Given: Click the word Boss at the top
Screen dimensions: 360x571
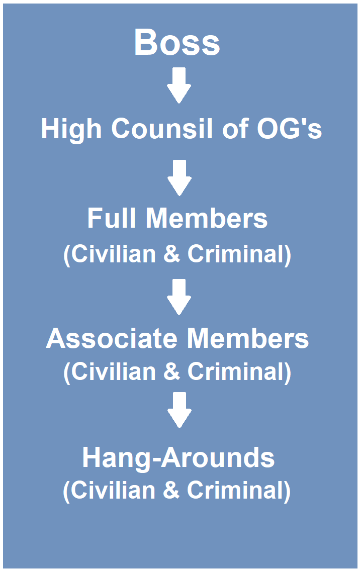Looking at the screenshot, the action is (177, 42).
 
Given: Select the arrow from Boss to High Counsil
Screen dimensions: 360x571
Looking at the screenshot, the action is (179, 85).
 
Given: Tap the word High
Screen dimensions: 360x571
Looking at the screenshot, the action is (72, 129).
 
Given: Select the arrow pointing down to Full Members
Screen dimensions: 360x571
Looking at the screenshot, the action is (179, 178).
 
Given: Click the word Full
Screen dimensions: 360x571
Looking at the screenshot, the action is (113, 218).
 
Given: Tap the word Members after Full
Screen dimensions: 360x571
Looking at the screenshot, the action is (207, 218).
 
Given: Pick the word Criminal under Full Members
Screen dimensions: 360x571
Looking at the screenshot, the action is (236, 254).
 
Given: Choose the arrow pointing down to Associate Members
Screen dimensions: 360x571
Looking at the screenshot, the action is (179, 297).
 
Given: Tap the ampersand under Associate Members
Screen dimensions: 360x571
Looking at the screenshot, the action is (171, 372).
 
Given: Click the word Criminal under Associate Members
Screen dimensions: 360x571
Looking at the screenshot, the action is (236, 372).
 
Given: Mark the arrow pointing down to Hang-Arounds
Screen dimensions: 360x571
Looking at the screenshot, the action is (179, 410).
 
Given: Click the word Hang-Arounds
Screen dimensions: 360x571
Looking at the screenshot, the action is (178, 457).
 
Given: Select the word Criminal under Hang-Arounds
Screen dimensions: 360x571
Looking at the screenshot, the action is (236, 491).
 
